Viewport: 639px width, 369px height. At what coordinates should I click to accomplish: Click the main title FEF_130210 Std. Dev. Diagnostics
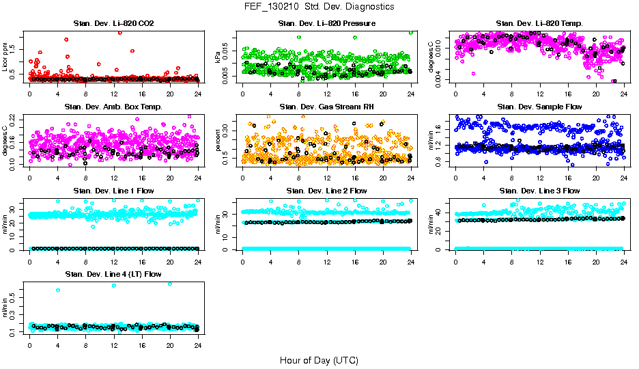pyautogui.click(x=319, y=7)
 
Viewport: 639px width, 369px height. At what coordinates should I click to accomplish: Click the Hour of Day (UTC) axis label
pyautogui.click(x=319, y=359)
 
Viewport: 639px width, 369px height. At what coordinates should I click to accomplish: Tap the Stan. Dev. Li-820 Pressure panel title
pyautogui.click(x=327, y=23)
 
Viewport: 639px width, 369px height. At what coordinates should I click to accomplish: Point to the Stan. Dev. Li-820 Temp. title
pyautogui.click(x=539, y=23)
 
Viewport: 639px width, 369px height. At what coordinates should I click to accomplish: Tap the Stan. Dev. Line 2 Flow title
pyautogui.click(x=327, y=191)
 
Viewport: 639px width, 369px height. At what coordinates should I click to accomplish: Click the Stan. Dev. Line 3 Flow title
pyautogui.click(x=539, y=191)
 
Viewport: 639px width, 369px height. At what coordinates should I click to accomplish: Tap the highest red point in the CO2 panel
pyautogui.click(x=120, y=32)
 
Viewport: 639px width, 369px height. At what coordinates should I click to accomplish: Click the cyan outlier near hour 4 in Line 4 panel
pyautogui.click(x=58, y=290)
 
